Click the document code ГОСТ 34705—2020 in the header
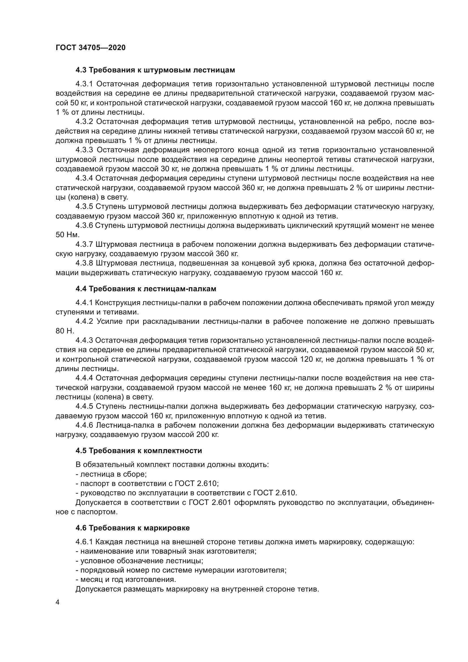tap(91, 48)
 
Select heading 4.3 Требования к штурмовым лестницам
tap(155, 70)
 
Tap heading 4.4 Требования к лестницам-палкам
tap(146, 289)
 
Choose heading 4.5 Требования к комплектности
tap(139, 451)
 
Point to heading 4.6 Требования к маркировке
tap(132, 528)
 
